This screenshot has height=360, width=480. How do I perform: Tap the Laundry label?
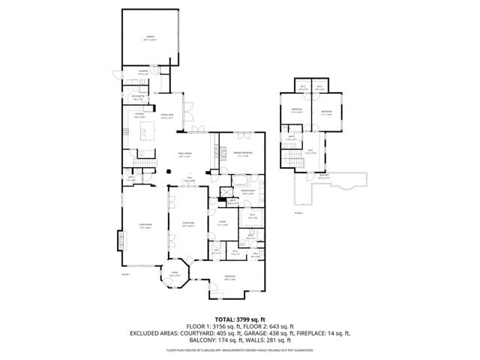[143, 73]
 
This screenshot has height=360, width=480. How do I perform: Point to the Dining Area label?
[166, 115]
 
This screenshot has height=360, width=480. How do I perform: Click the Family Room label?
[184, 155]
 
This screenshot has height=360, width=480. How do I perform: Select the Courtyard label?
[188, 224]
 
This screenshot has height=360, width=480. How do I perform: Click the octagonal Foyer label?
[175, 274]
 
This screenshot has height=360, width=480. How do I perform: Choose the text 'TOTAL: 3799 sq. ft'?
[240, 319]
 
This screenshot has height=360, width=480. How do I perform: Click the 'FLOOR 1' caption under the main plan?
[125, 274]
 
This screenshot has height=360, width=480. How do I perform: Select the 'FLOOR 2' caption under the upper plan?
[298, 213]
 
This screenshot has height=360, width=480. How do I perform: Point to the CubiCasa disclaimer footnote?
[240, 349]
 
